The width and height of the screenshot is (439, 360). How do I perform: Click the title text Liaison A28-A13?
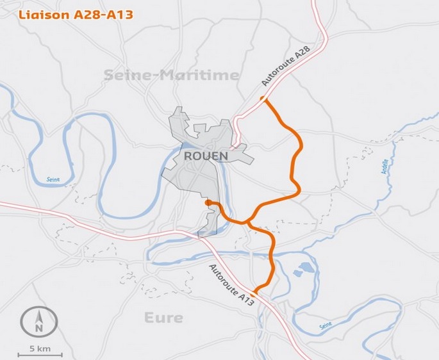(75, 15)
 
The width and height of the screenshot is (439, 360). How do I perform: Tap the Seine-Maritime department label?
(171, 76)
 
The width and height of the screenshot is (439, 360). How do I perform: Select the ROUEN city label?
(206, 156)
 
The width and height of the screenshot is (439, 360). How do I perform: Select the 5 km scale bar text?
(40, 348)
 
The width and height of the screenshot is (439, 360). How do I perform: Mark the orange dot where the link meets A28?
(262, 99)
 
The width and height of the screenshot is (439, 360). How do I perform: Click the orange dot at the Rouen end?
(208, 202)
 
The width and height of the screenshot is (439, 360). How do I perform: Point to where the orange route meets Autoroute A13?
(255, 292)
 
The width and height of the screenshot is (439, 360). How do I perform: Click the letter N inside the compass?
(40, 327)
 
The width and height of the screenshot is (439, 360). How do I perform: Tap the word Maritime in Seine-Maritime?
(199, 76)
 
